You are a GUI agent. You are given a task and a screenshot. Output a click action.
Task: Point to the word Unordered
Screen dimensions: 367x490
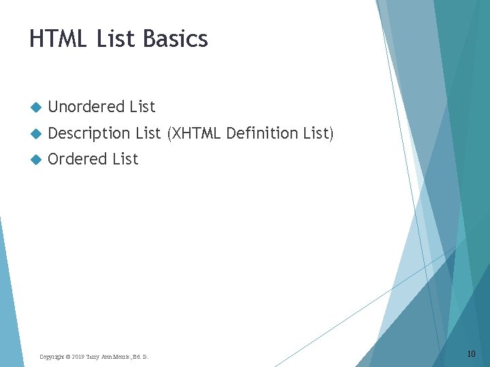pyautogui.click(x=86, y=107)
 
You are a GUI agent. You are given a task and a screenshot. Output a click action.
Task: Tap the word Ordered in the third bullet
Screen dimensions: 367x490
pyautogui.click(x=78, y=159)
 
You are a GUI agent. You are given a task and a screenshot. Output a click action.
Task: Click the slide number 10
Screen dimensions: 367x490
pyautogui.click(x=472, y=354)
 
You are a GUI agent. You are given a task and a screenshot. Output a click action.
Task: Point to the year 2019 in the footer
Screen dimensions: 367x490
pyautogui.click(x=77, y=357)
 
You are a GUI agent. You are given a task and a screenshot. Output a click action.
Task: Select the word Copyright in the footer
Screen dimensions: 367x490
pyautogui.click(x=51, y=357)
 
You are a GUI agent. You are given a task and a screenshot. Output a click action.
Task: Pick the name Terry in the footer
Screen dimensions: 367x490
pyautogui.click(x=93, y=357)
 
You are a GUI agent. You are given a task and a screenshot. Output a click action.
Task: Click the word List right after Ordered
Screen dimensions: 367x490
pyautogui.click(x=125, y=159)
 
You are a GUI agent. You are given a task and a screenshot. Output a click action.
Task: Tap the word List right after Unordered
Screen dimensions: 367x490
pyautogui.click(x=142, y=107)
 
